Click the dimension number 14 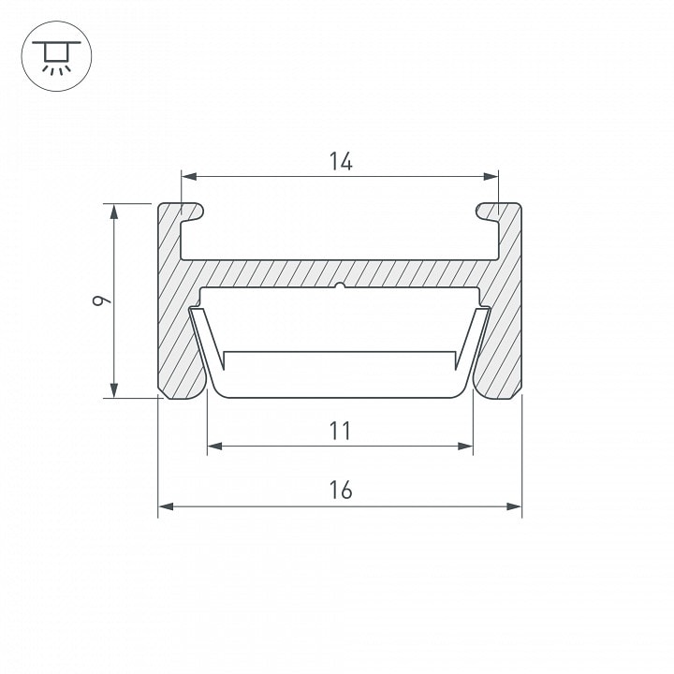pos(341,162)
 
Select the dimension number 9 pos(101,300)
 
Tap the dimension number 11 pos(341,432)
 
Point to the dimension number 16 pos(341,491)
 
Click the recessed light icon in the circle pos(56,57)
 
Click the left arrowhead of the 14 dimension pos(189,176)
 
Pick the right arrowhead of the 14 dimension pos(491,176)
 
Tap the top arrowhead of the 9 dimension pos(114,212)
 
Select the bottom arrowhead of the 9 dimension pos(114,389)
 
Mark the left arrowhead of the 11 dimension pos(215,447)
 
